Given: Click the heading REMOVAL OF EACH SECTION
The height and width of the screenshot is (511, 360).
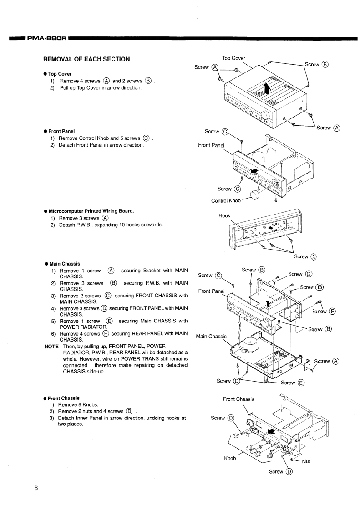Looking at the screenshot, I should [x=86, y=59].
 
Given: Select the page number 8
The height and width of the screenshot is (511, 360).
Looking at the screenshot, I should [x=36, y=489].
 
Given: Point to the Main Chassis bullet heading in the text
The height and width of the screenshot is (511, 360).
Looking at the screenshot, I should [x=64, y=264].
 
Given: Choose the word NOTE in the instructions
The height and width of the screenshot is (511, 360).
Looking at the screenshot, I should [x=51, y=347].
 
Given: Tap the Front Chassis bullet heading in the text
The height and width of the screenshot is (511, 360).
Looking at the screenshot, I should [x=64, y=398].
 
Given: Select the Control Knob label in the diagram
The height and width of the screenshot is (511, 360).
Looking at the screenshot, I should [x=226, y=201].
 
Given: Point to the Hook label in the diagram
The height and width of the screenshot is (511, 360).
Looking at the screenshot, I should [x=225, y=216].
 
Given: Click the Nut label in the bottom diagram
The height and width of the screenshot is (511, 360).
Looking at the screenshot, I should [x=306, y=461].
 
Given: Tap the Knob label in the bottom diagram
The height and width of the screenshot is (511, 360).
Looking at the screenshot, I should [x=230, y=458].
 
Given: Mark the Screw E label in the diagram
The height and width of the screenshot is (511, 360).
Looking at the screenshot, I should [x=292, y=383].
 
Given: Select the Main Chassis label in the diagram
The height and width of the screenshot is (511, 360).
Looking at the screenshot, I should [x=211, y=337].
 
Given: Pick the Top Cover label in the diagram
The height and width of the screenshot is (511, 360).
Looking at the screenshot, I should [x=233, y=58].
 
